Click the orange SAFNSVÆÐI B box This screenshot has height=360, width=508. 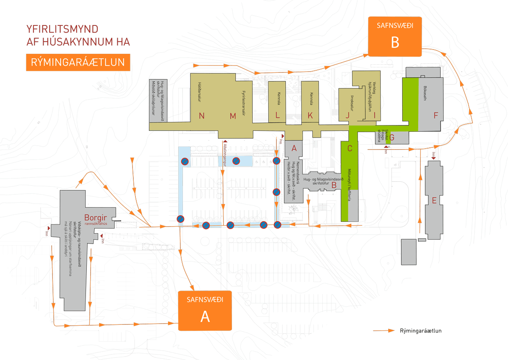[x=395, y=36]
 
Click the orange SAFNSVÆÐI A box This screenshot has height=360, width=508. [x=205, y=310]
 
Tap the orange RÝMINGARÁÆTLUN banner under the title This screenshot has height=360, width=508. [x=78, y=62]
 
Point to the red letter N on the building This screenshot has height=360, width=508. [x=202, y=116]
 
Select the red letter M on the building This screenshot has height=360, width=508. [x=232, y=116]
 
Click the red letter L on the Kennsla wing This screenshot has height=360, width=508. [x=277, y=115]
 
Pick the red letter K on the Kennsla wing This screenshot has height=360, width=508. [x=310, y=115]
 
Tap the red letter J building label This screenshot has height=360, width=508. [x=348, y=115]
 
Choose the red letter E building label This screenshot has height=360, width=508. [x=434, y=200]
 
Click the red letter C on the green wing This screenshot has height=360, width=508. [x=350, y=148]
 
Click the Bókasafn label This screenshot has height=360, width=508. [x=425, y=95]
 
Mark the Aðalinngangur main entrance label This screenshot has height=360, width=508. [x=224, y=155]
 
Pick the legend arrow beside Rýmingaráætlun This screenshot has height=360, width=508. [x=383, y=331]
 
